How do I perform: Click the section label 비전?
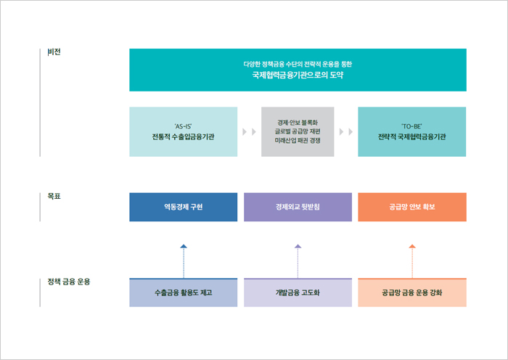pos(54,52)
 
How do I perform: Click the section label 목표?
pos(54,196)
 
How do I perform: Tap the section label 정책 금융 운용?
pos(69,282)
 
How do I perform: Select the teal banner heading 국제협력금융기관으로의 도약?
pos(298,75)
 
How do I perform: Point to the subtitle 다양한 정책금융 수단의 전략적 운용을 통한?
pos(298,64)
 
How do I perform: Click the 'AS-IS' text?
pos(183,126)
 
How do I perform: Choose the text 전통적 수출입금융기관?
pos(183,136)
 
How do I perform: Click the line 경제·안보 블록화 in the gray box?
pos(298,123)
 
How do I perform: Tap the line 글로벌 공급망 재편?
pos(298,131)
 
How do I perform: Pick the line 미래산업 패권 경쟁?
pos(298,140)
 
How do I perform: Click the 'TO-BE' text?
pos(411,126)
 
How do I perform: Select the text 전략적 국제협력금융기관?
pos(411,136)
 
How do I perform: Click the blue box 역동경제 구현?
pos(184,207)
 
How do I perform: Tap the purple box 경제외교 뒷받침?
pos(298,207)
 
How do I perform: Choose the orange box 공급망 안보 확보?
pos(412,207)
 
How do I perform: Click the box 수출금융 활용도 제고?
pos(184,292)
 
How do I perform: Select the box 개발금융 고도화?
pos(298,292)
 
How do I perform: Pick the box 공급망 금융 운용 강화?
pos(412,292)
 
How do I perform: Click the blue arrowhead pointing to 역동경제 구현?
pos(184,246)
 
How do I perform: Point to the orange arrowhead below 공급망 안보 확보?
pos(412,246)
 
